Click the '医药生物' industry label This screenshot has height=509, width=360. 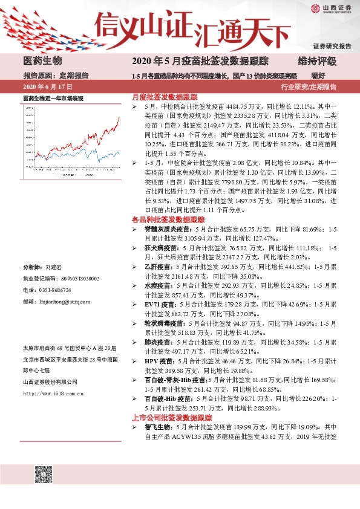[x=42, y=61]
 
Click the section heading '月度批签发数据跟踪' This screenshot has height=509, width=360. [x=165, y=97]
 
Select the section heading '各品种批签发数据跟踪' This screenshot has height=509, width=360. [x=168, y=219]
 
